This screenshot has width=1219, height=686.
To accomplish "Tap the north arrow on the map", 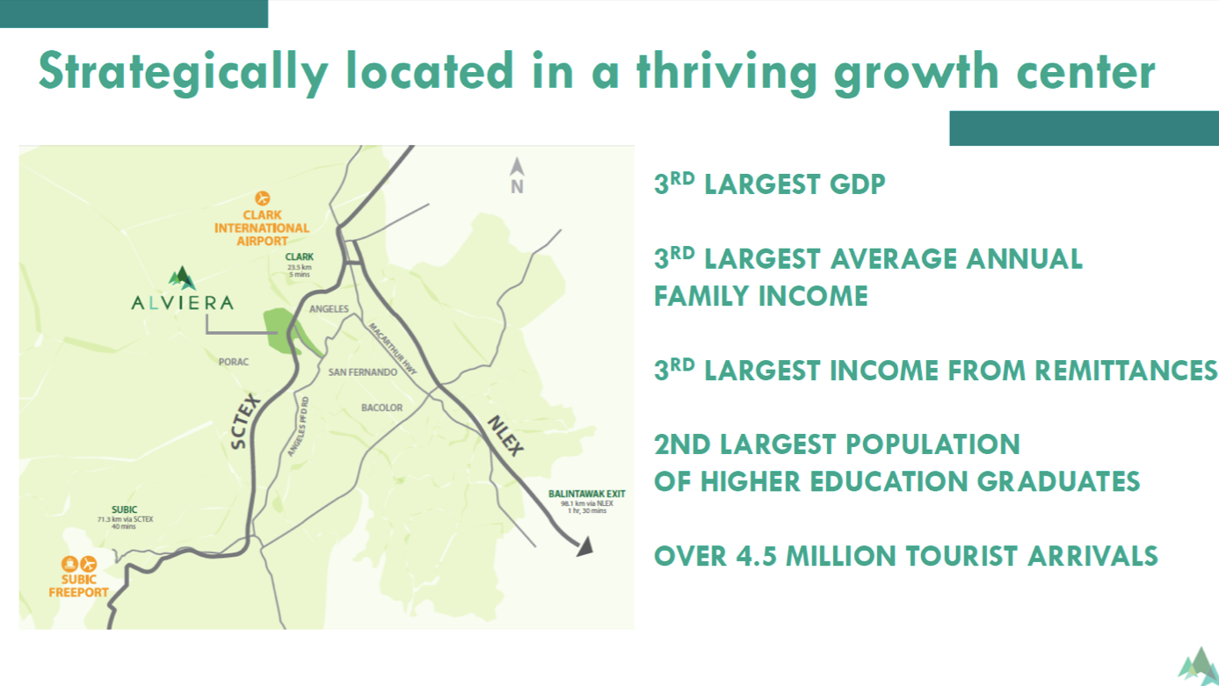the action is [x=517, y=168].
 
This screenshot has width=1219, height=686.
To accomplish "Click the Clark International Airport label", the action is [x=262, y=228].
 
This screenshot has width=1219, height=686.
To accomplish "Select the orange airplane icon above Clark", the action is [x=262, y=198].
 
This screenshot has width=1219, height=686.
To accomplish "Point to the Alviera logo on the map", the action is [x=182, y=289].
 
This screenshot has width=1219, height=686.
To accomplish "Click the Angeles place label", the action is [x=329, y=309].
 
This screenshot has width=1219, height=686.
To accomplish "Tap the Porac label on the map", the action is [x=234, y=362].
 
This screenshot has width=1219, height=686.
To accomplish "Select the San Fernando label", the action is [x=362, y=372].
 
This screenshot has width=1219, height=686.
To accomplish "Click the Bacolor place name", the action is [x=382, y=408].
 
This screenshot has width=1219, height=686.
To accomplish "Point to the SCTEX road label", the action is [x=245, y=421].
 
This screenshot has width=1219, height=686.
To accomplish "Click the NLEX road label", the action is [x=505, y=435].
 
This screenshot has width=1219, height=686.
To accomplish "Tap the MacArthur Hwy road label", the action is [x=392, y=349].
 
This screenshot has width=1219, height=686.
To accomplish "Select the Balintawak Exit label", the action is [x=586, y=494].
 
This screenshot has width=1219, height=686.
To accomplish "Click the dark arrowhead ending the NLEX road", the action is [x=585, y=546].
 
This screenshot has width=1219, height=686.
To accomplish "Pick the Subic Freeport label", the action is [x=78, y=586].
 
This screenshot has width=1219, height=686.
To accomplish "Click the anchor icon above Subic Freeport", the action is [x=69, y=564].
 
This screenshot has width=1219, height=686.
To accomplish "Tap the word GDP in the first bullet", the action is [x=857, y=184].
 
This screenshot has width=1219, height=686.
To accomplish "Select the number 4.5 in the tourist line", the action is [x=756, y=557].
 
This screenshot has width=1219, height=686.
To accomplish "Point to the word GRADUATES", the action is [x=1058, y=482].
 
